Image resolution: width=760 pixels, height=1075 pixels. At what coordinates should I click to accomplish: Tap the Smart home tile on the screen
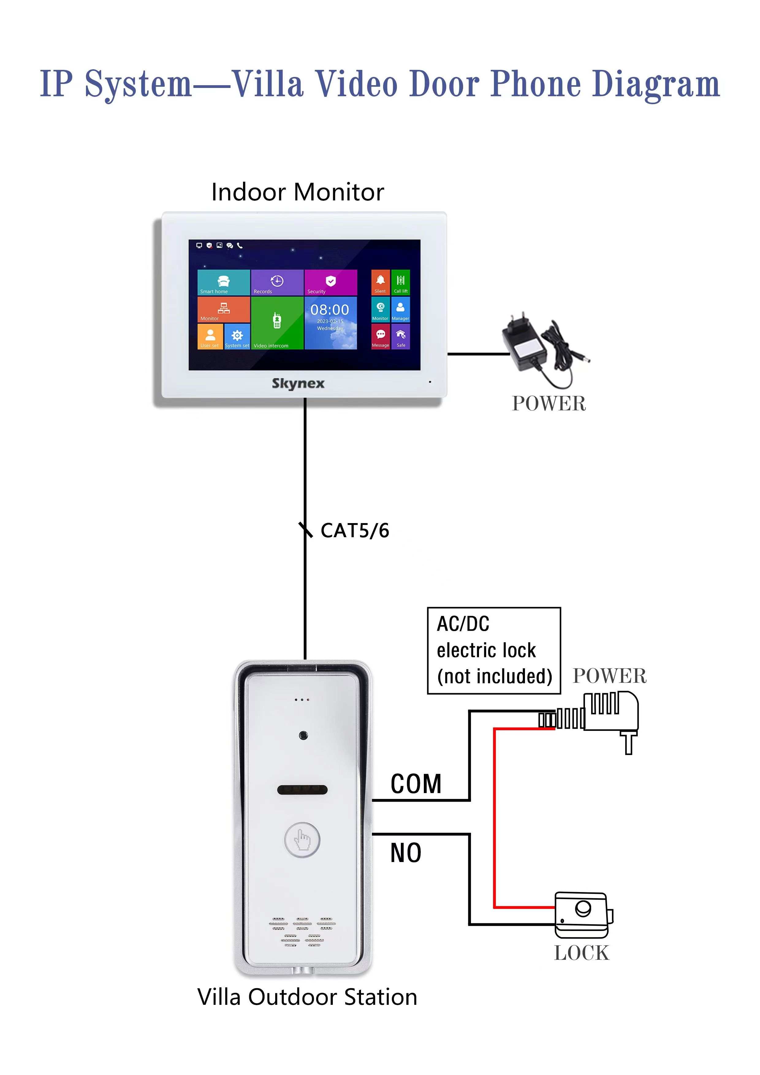point(223,282)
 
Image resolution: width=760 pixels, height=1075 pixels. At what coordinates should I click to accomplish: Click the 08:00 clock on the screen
point(330,310)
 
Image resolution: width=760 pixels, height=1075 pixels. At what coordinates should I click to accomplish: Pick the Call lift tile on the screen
point(400,282)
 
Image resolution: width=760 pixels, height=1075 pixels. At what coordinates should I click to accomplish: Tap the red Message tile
point(380,337)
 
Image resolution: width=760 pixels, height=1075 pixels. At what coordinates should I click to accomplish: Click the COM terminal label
point(416,784)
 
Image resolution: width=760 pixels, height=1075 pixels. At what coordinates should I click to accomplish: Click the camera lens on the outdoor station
point(303,735)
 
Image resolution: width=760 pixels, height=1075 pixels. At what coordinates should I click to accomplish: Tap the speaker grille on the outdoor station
point(302,932)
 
